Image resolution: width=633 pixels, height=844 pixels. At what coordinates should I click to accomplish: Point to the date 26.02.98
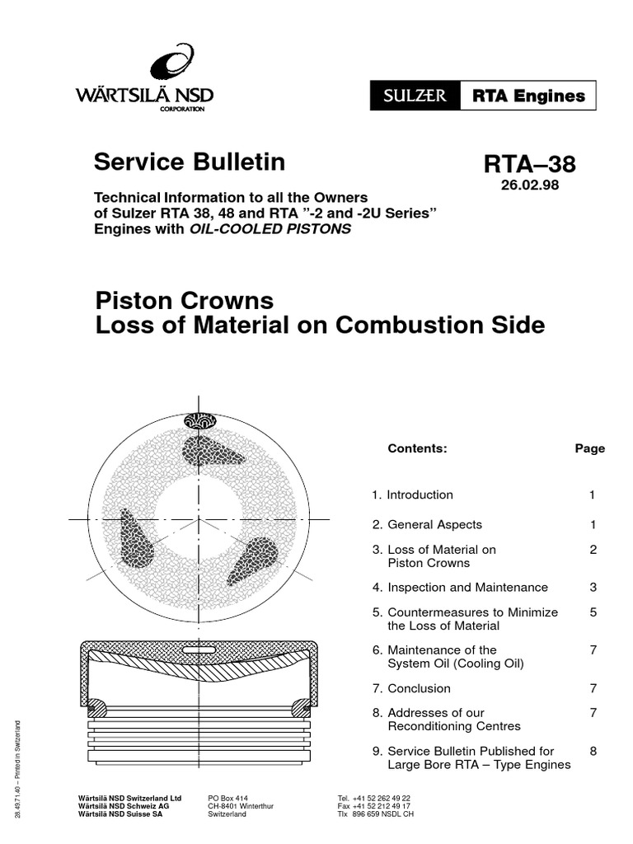pos(529,185)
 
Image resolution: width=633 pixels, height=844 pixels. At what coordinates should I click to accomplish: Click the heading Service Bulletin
pos(190,162)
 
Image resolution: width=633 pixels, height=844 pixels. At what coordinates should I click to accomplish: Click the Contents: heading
pos(417,448)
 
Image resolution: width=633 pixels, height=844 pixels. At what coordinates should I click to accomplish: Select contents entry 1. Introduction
pos(412,495)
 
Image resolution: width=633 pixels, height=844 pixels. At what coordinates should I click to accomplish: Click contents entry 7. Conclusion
pos(410,688)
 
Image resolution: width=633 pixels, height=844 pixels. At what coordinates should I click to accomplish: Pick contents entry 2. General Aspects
pos(426,524)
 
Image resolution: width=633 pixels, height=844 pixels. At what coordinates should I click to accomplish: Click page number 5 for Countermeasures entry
pos(593,612)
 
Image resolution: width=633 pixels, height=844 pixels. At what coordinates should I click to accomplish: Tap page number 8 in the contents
pos(593,751)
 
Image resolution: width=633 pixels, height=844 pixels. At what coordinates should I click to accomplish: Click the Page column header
pos(589,448)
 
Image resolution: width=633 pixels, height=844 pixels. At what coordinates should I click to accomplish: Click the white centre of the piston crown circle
pos(198,518)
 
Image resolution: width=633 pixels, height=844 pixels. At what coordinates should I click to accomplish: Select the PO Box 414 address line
pos(227,799)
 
